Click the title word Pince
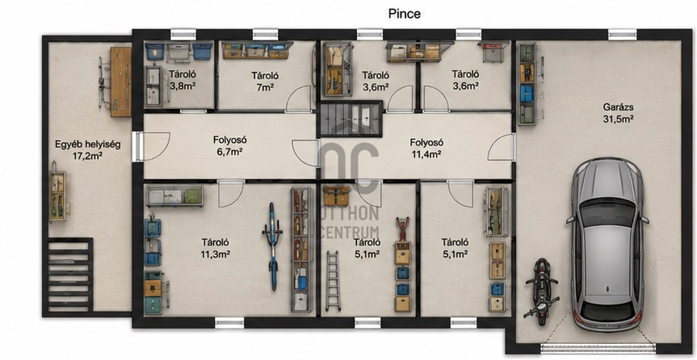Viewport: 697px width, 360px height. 404,14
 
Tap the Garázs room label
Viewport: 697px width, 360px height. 619,107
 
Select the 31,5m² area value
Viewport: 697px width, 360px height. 619,119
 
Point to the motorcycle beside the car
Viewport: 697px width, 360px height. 541,291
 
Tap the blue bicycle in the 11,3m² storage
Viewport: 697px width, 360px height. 272,245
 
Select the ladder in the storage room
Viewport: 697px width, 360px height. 333,280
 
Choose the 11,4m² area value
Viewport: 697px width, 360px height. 426,154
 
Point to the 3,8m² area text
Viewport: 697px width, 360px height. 183,86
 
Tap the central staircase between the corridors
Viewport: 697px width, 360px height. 350,119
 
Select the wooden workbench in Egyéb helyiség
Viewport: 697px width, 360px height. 120,82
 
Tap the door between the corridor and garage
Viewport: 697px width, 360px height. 502,148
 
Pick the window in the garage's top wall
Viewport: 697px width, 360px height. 623,35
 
